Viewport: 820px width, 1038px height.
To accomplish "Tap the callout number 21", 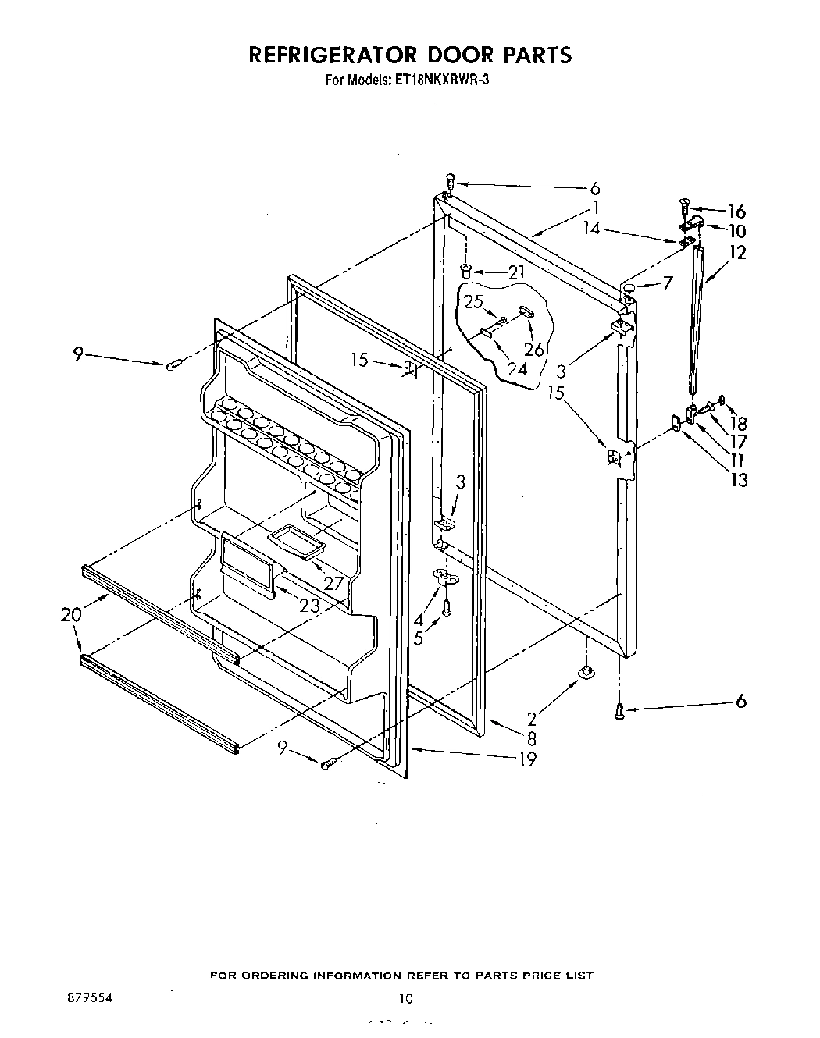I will click(515, 272).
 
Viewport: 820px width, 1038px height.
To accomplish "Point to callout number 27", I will click(333, 582).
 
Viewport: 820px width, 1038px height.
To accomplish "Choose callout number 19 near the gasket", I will click(528, 759).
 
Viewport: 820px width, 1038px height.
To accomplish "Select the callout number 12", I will click(737, 252).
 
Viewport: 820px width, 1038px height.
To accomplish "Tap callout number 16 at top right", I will click(736, 212).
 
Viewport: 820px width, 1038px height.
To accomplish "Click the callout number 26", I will click(534, 350).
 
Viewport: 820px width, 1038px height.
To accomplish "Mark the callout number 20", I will click(71, 614).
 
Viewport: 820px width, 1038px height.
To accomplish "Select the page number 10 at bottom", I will click(405, 998).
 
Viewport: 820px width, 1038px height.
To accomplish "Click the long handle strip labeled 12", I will click(694, 320).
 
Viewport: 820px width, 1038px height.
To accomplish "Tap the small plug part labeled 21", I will click(466, 271).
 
